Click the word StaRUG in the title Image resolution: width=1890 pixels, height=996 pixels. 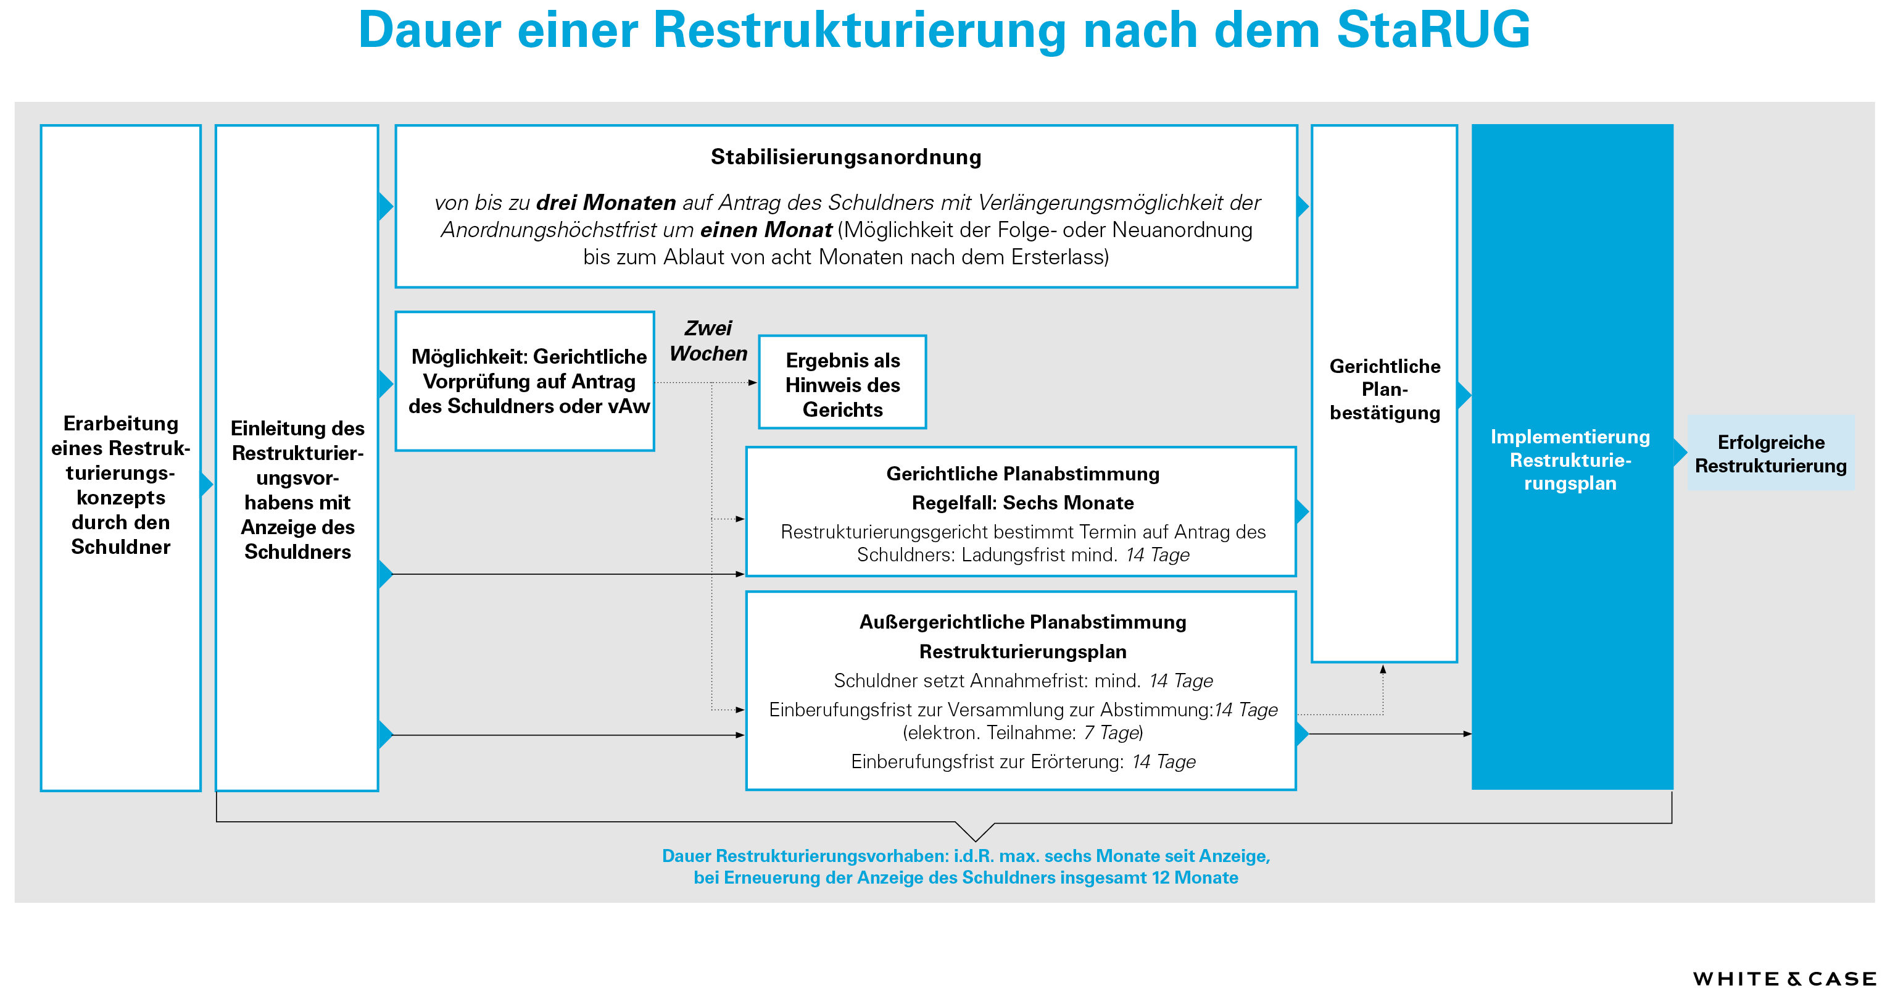tap(1433, 31)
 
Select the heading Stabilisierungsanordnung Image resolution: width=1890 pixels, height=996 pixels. tap(845, 157)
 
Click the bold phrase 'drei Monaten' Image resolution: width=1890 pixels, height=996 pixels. tap(605, 203)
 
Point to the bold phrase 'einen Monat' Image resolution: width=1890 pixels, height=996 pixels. tap(765, 230)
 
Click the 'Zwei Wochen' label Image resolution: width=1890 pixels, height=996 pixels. tap(708, 341)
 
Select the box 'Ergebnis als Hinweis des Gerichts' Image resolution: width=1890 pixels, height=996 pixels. tap(842, 385)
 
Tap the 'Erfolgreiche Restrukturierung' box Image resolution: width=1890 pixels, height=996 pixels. tap(1770, 454)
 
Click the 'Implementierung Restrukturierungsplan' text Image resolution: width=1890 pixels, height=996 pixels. tap(1570, 459)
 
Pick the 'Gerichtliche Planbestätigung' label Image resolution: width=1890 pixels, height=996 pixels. tap(1385, 389)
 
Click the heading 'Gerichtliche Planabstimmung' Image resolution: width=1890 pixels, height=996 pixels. tap(1022, 474)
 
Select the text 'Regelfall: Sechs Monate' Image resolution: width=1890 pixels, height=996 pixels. tap(1022, 503)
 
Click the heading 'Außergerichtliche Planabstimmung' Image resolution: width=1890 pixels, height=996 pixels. tap(1022, 622)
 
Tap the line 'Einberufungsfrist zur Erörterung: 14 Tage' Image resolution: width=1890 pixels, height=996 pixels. tap(1022, 762)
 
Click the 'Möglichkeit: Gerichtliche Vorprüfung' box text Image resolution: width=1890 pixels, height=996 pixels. tap(528, 382)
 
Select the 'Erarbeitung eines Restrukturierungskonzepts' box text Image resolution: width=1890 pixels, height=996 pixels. tap(121, 485)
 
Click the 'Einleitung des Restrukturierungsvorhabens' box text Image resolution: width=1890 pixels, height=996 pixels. tap(297, 490)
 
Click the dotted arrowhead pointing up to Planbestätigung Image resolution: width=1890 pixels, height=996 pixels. tap(1383, 669)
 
